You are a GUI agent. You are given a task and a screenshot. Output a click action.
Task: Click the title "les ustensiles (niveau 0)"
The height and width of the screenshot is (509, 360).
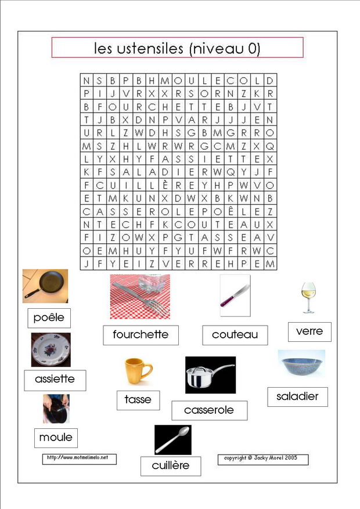pos(177,48)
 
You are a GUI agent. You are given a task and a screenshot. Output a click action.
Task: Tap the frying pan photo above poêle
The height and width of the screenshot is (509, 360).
pos(45,286)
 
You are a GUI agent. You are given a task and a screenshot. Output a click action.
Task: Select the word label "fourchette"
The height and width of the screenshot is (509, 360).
pos(141,335)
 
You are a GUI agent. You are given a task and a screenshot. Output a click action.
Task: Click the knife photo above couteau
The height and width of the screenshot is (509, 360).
pos(235,295)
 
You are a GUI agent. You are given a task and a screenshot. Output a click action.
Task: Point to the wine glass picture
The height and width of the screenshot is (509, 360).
pos(308,298)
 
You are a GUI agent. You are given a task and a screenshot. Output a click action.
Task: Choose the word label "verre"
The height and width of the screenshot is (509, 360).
pos(309,331)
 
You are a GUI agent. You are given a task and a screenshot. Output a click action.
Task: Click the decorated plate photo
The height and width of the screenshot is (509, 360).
pos(51,349)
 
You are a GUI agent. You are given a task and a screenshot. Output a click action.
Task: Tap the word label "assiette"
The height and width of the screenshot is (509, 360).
pos(55,380)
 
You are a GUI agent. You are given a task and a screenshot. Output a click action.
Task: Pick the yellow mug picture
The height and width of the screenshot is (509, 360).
pos(138,371)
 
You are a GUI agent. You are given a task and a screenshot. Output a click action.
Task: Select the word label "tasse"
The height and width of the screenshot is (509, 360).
pos(138,399)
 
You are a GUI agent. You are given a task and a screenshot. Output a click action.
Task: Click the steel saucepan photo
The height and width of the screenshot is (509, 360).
pos(210,375)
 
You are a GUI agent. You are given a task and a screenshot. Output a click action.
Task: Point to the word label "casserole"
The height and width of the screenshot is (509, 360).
pos(209,410)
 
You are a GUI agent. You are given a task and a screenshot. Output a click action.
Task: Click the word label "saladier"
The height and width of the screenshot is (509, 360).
pos(297,397)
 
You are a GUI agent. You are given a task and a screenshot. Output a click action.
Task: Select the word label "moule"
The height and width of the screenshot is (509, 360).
pos(56,438)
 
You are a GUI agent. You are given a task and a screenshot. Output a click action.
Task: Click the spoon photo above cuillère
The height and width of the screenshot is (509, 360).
pos(172,439)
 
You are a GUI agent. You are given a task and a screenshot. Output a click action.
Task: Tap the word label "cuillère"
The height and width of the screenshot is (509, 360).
pos(171,465)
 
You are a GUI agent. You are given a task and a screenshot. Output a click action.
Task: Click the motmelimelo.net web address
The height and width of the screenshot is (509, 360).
pos(78,459)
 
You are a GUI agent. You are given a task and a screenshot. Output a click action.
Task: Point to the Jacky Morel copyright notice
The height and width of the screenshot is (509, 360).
pos(262,459)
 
